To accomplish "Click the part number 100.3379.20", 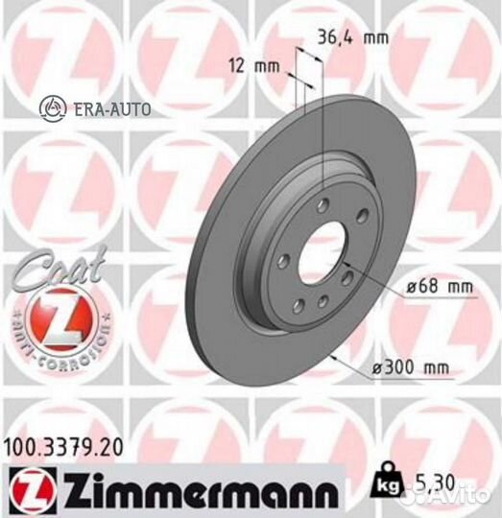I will pos(63,444).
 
